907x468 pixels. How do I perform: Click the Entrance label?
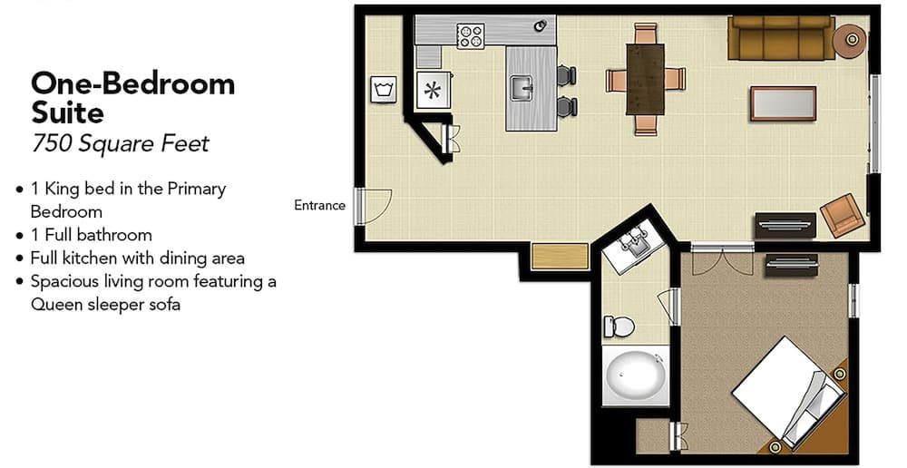319,205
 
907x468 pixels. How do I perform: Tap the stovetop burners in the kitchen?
470,36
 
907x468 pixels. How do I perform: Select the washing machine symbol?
384,90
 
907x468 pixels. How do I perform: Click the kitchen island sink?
522,89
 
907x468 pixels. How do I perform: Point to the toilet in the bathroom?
619,327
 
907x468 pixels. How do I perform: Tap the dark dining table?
645,79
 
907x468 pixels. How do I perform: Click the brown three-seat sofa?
781,37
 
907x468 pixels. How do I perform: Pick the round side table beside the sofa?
850,41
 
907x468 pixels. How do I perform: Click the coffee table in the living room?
784,103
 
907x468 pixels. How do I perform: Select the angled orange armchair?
843,215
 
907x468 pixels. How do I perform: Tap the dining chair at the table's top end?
646,33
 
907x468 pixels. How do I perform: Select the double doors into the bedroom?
723,258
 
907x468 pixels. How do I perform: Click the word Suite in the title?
68,112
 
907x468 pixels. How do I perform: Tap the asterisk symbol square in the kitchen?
433,90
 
